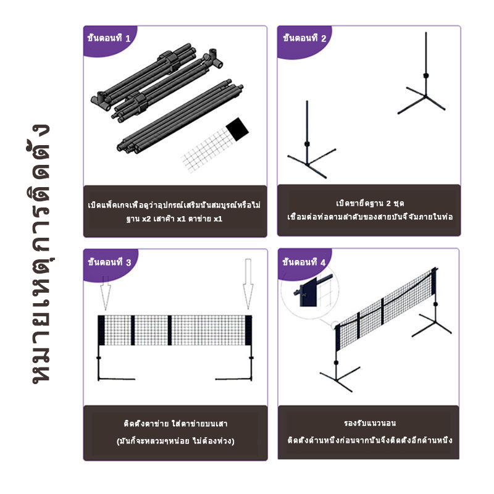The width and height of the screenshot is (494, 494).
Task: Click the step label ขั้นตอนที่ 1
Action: click(x=109, y=38)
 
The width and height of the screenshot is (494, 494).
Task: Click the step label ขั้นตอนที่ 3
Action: click(x=109, y=262)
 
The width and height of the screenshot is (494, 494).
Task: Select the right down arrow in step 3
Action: click(x=248, y=283)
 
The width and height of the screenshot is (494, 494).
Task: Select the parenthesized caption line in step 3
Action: click(x=175, y=441)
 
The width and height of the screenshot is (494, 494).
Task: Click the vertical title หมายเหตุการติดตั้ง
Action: click(x=40, y=253)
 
